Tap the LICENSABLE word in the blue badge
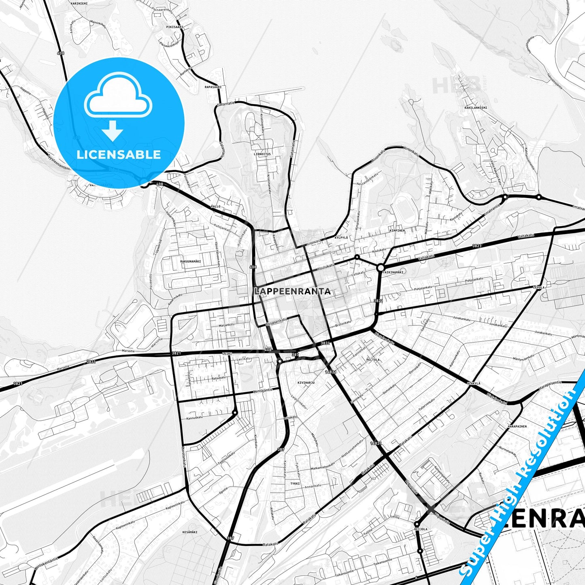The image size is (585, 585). tap(119, 154)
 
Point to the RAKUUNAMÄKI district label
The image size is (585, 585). tap(190, 262)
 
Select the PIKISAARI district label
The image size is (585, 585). tap(174, 27)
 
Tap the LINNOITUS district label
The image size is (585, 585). tap(262, 154)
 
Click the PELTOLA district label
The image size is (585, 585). tap(373, 359)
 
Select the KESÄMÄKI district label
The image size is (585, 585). tap(190, 532)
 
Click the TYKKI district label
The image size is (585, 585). tap(295, 483)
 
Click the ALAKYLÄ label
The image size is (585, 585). tap(473, 383)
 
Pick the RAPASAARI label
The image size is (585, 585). tap(213, 87)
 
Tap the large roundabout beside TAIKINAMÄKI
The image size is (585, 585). tap(380, 268)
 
